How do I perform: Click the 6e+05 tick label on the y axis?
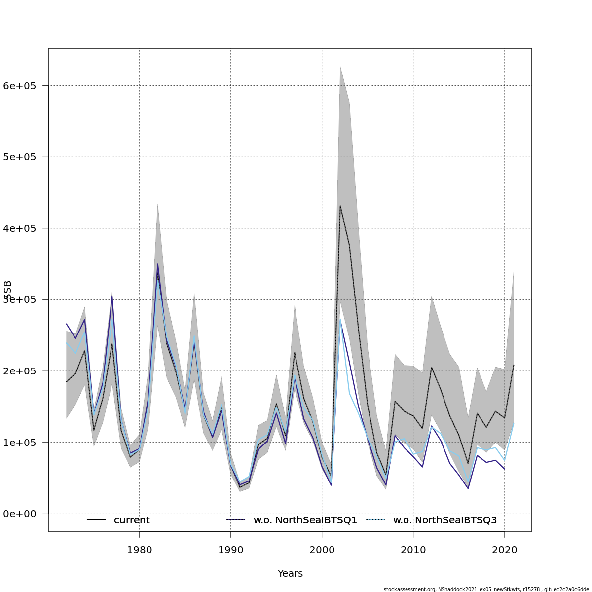point(19,86)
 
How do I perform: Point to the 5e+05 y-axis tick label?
point(19,157)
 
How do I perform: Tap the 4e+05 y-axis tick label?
point(19,228)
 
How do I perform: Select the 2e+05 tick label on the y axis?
point(19,371)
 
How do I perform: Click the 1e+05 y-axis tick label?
point(19,443)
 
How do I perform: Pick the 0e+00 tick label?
point(19,514)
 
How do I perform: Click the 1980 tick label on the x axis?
point(139,549)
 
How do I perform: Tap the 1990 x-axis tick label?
point(230,549)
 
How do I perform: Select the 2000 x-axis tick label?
point(322,549)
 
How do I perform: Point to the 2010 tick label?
point(413,549)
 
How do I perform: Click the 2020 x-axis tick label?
point(504,549)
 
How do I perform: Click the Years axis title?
point(290,574)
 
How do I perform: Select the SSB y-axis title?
point(7,291)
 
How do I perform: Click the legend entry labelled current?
point(132,520)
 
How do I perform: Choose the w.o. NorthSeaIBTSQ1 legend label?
point(305,520)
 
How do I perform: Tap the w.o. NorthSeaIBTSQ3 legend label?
point(444,520)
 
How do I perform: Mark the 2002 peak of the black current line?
point(340,205)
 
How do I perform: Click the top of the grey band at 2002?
point(340,66)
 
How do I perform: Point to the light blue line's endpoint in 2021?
point(514,422)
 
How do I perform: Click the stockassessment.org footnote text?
point(486,589)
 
